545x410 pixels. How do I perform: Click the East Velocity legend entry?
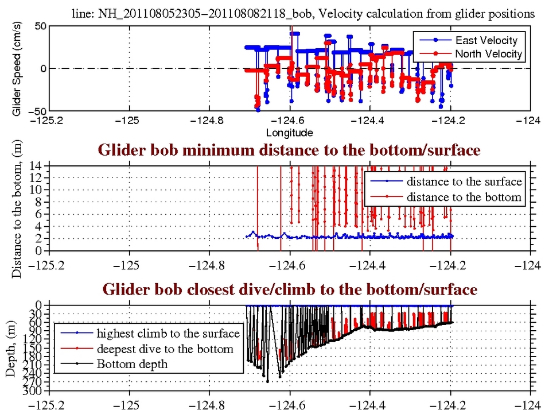pyautogui.click(x=486, y=40)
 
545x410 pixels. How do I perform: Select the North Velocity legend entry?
pyautogui.click(x=489, y=53)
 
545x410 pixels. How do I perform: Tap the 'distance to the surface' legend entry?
pyautogui.click(x=465, y=181)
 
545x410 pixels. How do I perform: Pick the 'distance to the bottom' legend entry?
pyautogui.click(x=465, y=197)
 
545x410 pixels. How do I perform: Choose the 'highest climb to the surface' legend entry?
pyautogui.click(x=168, y=333)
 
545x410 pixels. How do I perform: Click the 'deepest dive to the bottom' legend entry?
pyautogui.click(x=165, y=349)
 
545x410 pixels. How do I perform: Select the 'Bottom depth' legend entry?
pyautogui.click(x=133, y=363)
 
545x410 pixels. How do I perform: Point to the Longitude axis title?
pyautogui.click(x=289, y=133)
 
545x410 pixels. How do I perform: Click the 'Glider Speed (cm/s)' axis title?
pyautogui.click(x=17, y=68)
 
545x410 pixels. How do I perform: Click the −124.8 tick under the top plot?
pyautogui.click(x=209, y=121)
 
